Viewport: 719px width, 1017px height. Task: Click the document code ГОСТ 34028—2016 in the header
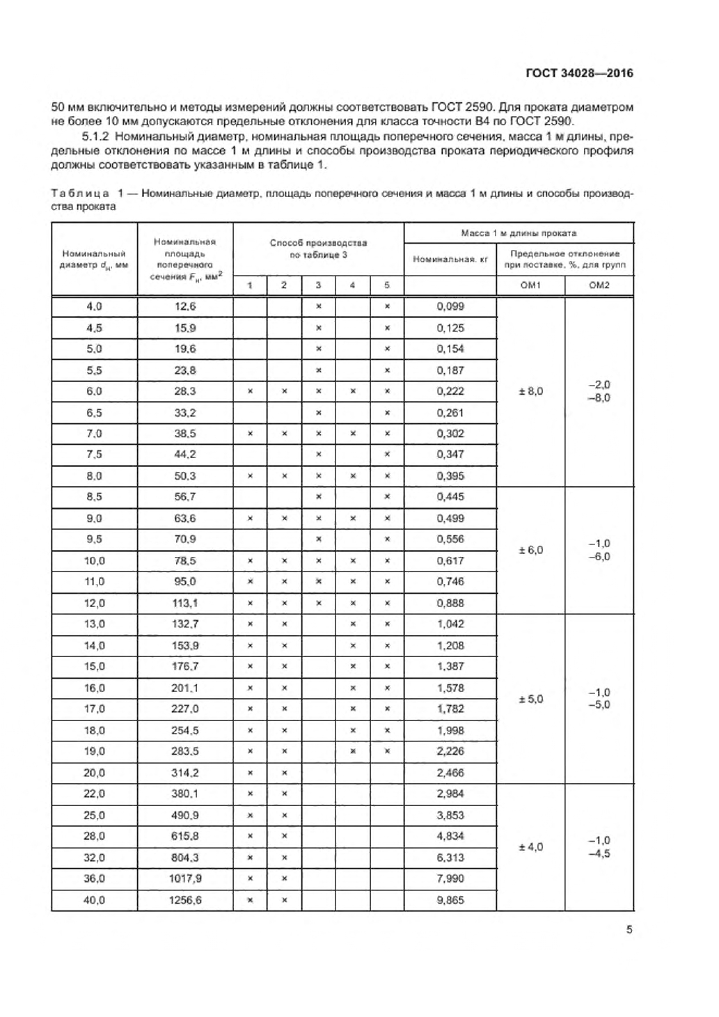[x=579, y=73]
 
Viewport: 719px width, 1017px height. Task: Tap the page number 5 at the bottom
[x=629, y=929]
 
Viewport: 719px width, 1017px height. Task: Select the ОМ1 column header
[x=530, y=285]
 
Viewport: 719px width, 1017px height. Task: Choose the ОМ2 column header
[x=599, y=285]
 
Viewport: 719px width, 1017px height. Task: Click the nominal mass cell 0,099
[x=450, y=306]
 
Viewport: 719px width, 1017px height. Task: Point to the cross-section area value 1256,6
[x=185, y=900]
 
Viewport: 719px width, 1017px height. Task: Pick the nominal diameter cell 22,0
[x=94, y=794]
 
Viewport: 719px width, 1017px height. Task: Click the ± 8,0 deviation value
[x=530, y=391]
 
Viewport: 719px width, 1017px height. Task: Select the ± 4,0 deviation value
[x=530, y=847]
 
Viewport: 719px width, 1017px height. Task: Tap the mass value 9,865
[x=450, y=900]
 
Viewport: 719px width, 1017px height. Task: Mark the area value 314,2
[x=185, y=773]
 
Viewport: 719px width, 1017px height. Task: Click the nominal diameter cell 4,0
[x=94, y=306]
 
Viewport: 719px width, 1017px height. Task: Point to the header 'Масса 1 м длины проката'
[x=519, y=233]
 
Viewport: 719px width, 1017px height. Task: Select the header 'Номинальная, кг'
[x=450, y=259]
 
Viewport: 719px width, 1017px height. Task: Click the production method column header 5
[x=387, y=285]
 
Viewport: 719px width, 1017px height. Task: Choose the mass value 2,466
[x=450, y=773]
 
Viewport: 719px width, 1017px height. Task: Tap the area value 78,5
[x=185, y=560]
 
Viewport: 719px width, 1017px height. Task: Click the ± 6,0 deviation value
[x=530, y=550]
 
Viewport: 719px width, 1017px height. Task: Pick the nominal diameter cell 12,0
[x=94, y=603]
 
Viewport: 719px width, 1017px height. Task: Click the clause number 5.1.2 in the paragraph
[x=95, y=136]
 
